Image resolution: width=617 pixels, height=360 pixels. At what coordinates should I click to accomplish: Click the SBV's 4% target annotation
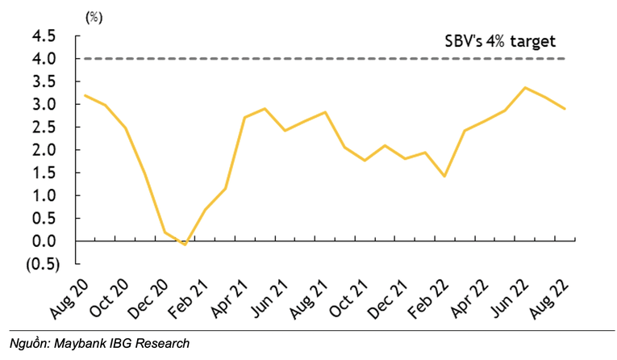click(501, 41)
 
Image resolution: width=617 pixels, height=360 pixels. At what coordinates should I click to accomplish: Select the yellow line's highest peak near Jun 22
click(526, 87)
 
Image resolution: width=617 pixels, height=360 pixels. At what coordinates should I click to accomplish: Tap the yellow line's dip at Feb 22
click(444, 176)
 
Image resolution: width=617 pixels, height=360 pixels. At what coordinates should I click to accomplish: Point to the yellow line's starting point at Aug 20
click(85, 95)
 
